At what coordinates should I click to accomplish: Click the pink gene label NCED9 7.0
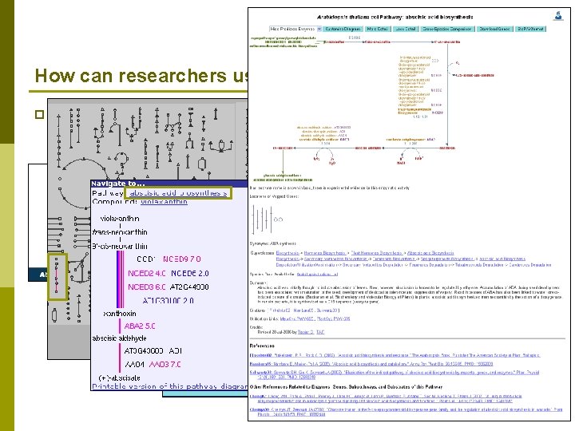point(182,259)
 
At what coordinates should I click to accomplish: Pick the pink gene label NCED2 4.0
point(146,273)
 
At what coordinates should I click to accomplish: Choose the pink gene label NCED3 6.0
point(146,287)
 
